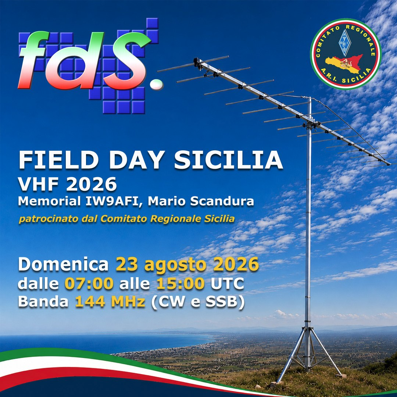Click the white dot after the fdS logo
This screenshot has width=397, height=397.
pyautogui.click(x=157, y=84)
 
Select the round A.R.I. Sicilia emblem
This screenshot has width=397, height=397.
pyautogui.click(x=346, y=54)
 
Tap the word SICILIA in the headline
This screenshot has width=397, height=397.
pyautogui.click(x=228, y=160)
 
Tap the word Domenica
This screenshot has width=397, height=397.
pyautogui.click(x=63, y=264)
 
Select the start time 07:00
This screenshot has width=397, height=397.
pyautogui.click(x=89, y=283)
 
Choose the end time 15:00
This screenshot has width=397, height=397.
pyautogui.click(x=180, y=283)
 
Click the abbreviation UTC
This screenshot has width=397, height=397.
pyautogui.click(x=227, y=283)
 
